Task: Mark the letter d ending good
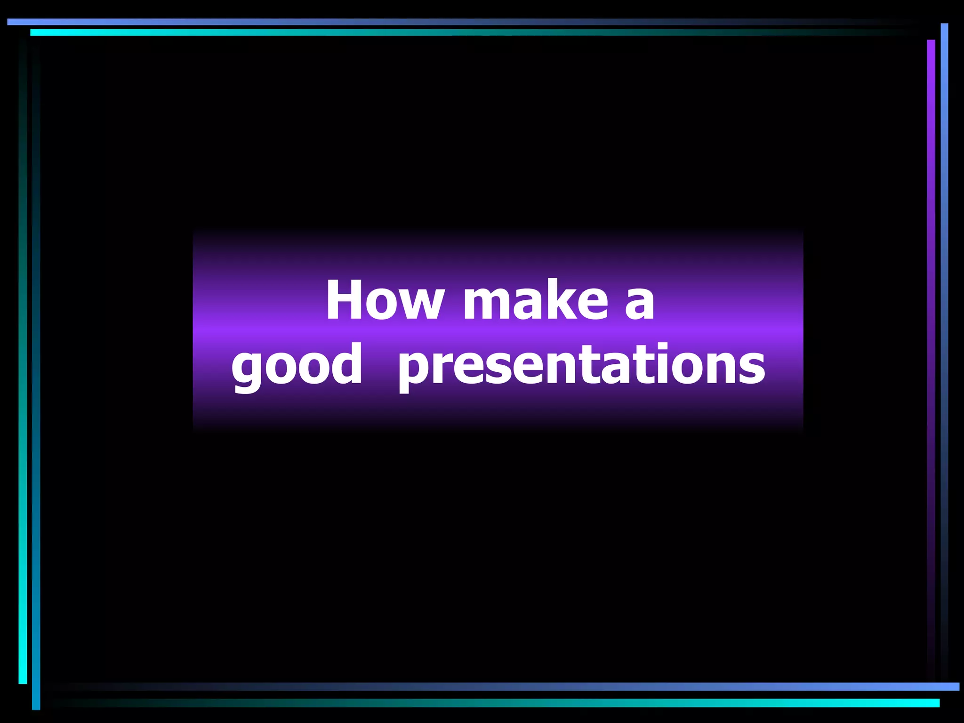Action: tap(346, 362)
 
